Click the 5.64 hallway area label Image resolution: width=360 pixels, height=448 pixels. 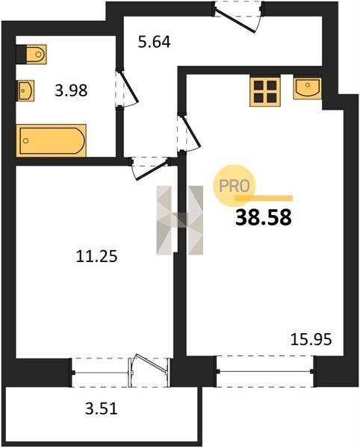155,43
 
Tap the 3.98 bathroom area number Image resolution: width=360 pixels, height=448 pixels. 71,91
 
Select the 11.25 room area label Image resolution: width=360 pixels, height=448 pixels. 96,256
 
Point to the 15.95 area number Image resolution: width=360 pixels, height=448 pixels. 311,340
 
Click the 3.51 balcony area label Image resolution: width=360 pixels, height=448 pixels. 102,408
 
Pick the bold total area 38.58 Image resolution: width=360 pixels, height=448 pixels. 264,217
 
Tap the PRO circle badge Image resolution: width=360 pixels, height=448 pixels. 234,185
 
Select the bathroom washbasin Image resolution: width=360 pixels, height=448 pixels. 26,90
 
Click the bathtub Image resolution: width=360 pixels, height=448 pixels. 52,140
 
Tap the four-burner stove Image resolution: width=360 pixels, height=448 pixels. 265,91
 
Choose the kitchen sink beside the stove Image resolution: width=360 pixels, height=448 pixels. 307,88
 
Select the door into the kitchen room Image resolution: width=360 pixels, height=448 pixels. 189,133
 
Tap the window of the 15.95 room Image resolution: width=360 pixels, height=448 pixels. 265,371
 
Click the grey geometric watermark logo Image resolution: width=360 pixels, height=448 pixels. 180,220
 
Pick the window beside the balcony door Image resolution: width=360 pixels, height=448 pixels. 101,373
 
